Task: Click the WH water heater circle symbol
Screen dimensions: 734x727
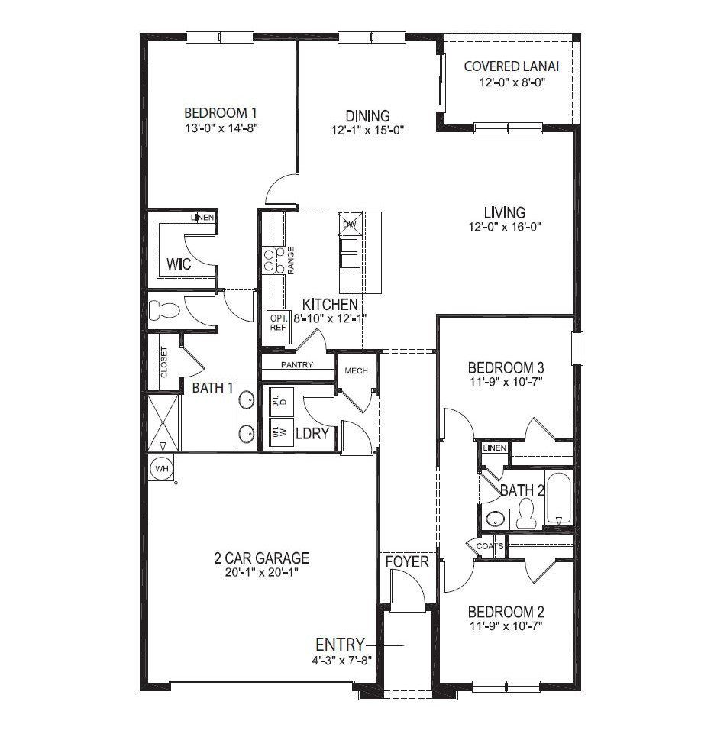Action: [161, 467]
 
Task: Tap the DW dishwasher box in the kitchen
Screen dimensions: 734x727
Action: [350, 224]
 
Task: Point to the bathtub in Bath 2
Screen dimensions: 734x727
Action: [559, 500]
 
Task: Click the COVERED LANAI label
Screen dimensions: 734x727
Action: [511, 66]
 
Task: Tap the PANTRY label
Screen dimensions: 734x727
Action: [296, 365]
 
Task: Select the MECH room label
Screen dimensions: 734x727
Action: [356, 370]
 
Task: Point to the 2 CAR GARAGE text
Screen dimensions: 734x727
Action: [261, 558]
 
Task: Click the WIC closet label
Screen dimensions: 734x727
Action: [178, 264]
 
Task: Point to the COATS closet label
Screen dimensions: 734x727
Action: [489, 547]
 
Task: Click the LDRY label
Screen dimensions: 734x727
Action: [312, 433]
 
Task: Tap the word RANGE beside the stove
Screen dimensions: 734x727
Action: [291, 260]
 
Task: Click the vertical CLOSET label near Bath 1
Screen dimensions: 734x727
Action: [163, 363]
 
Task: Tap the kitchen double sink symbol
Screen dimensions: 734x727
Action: [350, 252]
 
